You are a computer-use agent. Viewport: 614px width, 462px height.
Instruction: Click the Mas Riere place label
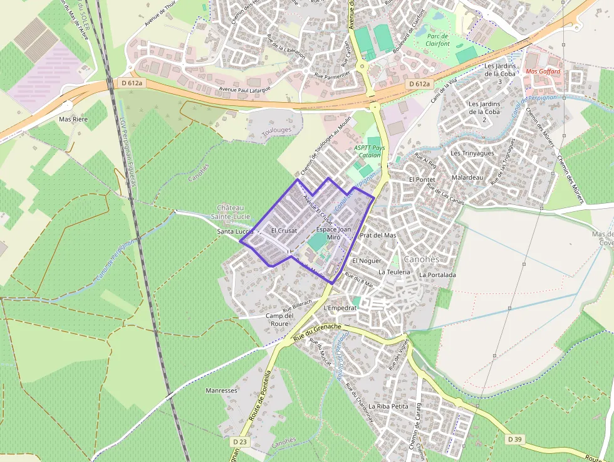[x=73, y=118]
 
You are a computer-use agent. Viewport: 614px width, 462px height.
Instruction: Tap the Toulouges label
[x=277, y=132]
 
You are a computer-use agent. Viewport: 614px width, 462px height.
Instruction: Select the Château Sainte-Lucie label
[x=234, y=212]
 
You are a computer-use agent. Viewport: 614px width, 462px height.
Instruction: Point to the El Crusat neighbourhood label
[x=284, y=231]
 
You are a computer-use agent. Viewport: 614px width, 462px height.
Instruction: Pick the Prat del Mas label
[x=378, y=235]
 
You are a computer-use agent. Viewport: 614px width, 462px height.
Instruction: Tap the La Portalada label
[x=437, y=275]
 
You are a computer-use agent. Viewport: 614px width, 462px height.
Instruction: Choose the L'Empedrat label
[x=340, y=308]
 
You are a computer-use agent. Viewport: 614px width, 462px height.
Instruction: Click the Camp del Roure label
[x=279, y=319]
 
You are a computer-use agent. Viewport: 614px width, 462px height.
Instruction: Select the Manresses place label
[x=222, y=391]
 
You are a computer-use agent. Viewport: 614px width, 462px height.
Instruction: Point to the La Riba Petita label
[x=388, y=406]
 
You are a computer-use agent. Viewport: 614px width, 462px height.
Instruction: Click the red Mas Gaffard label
[x=543, y=71]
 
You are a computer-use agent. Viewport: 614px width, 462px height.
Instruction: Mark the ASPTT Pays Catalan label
[x=370, y=151]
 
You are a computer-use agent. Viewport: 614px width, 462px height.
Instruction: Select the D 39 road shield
[x=514, y=439]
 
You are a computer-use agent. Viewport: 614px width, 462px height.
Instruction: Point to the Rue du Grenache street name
[x=317, y=332]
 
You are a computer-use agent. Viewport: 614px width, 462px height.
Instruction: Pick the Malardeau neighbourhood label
[x=467, y=177]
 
